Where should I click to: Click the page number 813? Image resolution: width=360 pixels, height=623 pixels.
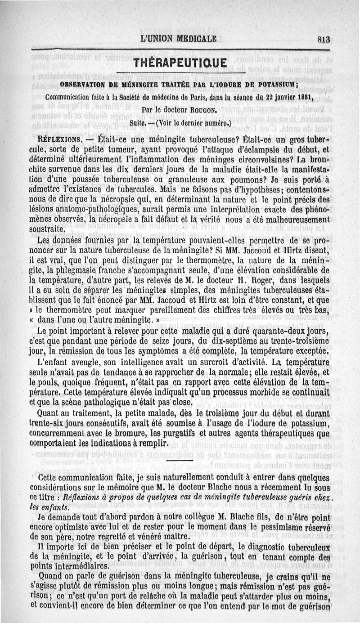click(x=323, y=39)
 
